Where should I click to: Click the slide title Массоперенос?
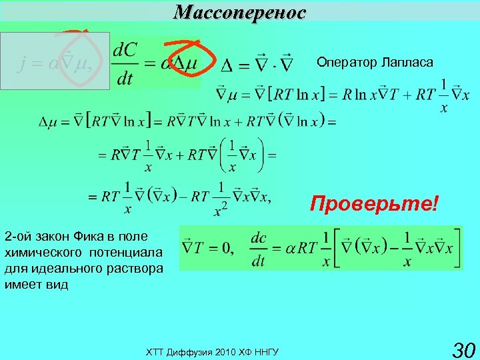pyautogui.click(x=240, y=11)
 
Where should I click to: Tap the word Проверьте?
pyautogui.click(x=375, y=203)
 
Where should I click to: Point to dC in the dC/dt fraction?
pyautogui.click(x=125, y=49)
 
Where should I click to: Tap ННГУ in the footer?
pyautogui.click(x=265, y=351)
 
